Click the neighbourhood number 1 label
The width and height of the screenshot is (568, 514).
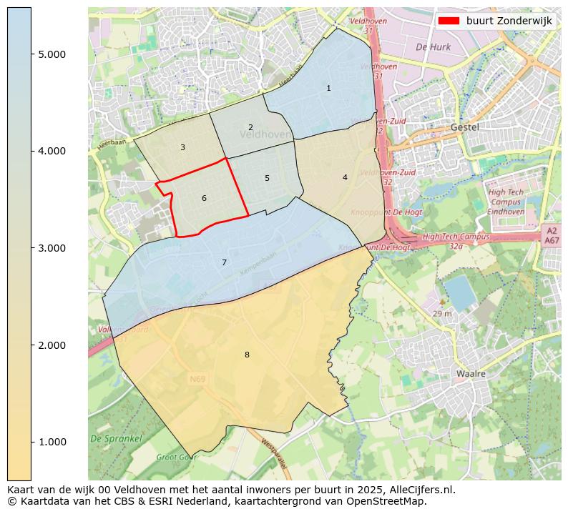[x=328, y=89]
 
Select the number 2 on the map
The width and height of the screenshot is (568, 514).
[x=250, y=128]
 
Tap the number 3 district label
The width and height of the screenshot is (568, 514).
[x=182, y=148]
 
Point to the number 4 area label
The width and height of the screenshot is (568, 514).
[x=345, y=178]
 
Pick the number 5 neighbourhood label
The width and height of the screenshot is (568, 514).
[x=267, y=179]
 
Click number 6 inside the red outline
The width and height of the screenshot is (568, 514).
[x=204, y=199]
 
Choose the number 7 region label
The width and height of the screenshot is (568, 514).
[x=224, y=263]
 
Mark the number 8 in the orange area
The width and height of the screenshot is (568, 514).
[x=247, y=355]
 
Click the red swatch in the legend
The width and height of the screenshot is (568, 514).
[x=449, y=21]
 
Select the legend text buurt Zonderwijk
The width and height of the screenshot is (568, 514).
[x=509, y=21]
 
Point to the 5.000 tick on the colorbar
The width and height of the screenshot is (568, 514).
[x=52, y=54]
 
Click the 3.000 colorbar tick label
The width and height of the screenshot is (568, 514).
[x=52, y=248]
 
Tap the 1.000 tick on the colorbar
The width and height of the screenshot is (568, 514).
[x=52, y=442]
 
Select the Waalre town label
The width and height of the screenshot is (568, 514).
[x=471, y=374]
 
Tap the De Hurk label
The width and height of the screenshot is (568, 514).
[x=432, y=47]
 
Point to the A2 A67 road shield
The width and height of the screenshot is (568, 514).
[x=551, y=236]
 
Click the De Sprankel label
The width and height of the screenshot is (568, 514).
[x=116, y=438]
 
